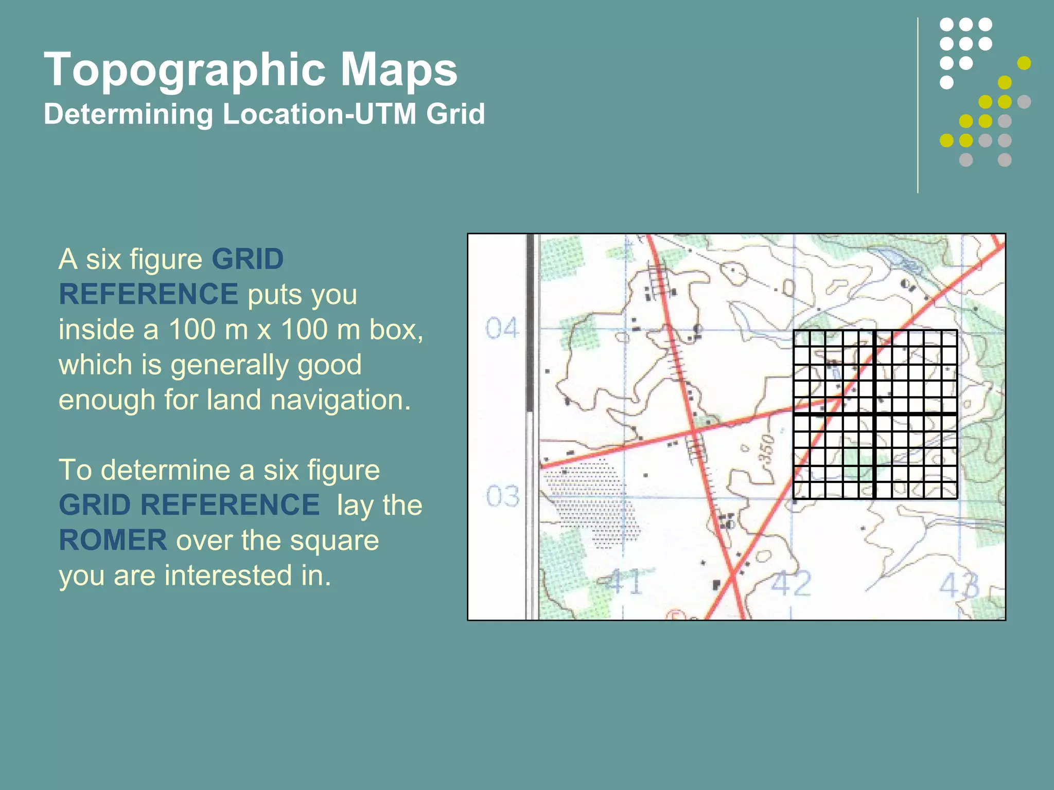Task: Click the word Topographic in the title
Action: point(185,70)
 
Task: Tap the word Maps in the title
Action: point(398,70)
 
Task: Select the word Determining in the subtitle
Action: point(128,114)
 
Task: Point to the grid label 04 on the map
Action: point(502,328)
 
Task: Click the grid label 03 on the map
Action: point(503,496)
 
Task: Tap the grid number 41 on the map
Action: point(624,583)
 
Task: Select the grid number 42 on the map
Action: point(791,584)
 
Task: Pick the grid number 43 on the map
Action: point(960,585)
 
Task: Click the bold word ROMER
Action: point(113,541)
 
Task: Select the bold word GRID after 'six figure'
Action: point(248,259)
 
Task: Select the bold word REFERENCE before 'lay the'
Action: point(230,505)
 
